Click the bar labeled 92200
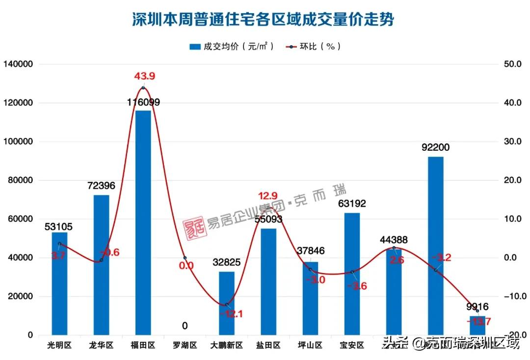(435, 246)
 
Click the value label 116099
(143, 102)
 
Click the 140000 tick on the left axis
(18, 64)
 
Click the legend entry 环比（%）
(314, 47)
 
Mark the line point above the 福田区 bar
(143, 88)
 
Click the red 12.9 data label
(268, 196)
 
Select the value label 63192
(352, 203)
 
